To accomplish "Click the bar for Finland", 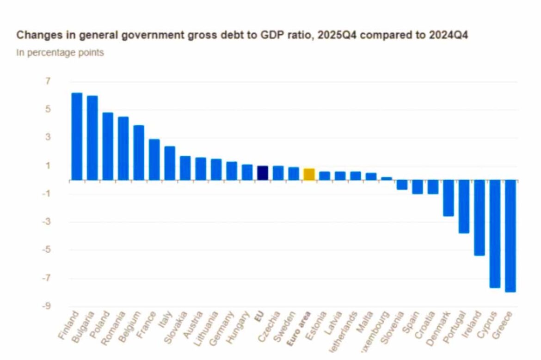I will click(77, 136).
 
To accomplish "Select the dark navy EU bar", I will click(263, 173).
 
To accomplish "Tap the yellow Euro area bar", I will click(309, 174).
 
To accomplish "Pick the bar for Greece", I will click(510, 236).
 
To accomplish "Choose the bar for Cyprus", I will click(495, 234).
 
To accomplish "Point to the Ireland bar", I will click(480, 218).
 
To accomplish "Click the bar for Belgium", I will click(139, 153).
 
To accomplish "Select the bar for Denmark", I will click(449, 198).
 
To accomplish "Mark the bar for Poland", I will click(108, 146).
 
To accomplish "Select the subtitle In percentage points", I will click(60, 53).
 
